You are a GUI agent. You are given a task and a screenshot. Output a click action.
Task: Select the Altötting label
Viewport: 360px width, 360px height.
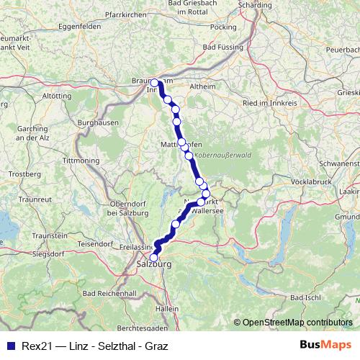(x=58, y=95)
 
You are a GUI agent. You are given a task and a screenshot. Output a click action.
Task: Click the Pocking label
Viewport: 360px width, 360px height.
(x=225, y=27)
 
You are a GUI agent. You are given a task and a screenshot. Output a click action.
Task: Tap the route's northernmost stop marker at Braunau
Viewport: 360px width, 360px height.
(x=155, y=83)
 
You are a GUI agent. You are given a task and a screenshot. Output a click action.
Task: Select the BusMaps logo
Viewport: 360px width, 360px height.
(x=325, y=345)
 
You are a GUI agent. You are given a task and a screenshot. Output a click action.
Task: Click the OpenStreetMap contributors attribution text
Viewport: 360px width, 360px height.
(x=294, y=322)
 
